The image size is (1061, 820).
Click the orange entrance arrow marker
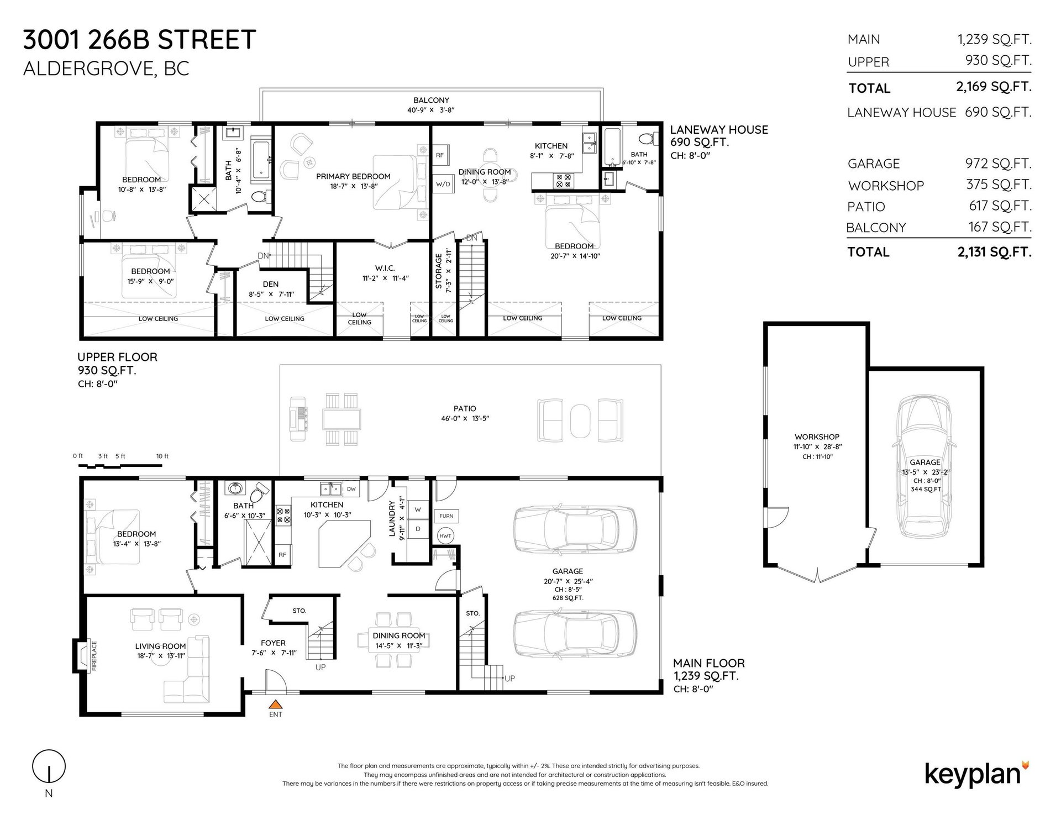coord(275,704)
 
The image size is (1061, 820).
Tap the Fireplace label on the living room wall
coord(94,656)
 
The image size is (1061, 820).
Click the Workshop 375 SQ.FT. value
coord(999,185)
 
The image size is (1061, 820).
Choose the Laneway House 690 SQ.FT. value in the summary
coord(998,112)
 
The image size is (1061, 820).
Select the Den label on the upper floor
coord(270,284)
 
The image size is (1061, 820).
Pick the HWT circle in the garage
coord(445,536)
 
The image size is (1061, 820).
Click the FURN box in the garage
coord(447,516)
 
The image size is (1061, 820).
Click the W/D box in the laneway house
coord(443,183)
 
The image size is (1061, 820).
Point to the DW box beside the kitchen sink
coord(351,489)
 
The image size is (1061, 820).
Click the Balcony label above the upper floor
coord(431,100)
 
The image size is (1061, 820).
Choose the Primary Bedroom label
coord(353,176)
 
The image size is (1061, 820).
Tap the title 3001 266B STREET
coord(139,40)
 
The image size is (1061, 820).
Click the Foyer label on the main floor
coord(273,643)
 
